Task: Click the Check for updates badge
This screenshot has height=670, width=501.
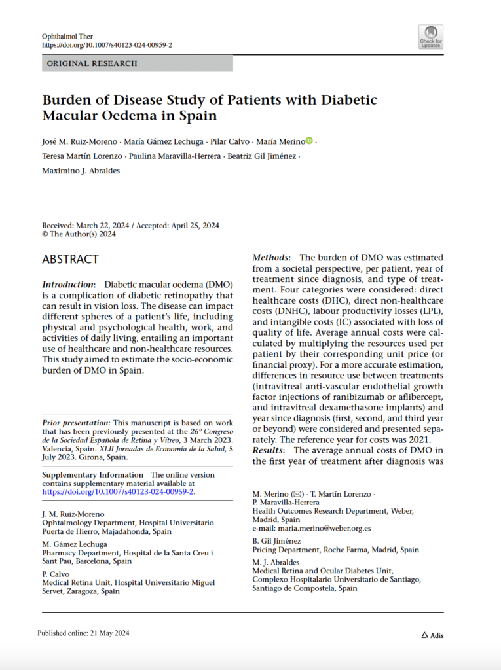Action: coord(431,37)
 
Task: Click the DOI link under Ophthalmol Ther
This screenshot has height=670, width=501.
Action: coord(107,45)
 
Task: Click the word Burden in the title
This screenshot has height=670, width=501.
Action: coord(65,101)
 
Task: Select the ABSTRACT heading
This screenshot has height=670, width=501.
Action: coord(71,259)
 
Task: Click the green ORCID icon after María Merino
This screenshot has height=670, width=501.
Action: coord(310,141)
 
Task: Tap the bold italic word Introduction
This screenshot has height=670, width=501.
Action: coord(68,285)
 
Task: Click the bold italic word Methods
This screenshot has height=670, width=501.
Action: coord(271,258)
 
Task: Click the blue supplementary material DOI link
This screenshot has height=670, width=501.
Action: coord(119,491)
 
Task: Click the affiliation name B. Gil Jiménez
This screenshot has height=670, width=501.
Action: coord(276,541)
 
